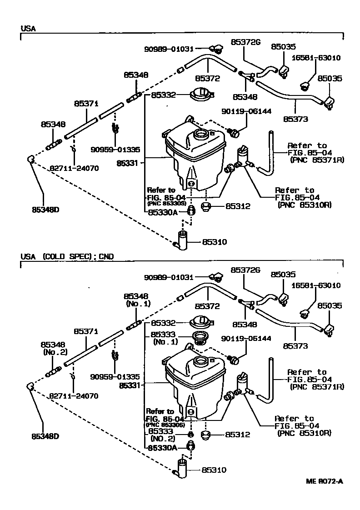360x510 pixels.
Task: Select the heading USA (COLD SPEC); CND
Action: (67, 256)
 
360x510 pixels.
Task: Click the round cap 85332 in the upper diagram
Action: (200, 95)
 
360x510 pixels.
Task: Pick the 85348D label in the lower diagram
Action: (46, 436)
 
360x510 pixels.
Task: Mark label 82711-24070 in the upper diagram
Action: (80, 168)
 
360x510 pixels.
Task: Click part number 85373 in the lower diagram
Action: (295, 346)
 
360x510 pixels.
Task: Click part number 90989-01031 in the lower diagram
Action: (169, 277)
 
